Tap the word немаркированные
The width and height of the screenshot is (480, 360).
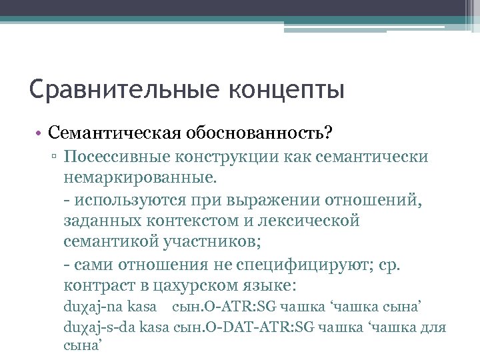click(x=139, y=178)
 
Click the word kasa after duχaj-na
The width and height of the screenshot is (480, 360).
click(x=141, y=307)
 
